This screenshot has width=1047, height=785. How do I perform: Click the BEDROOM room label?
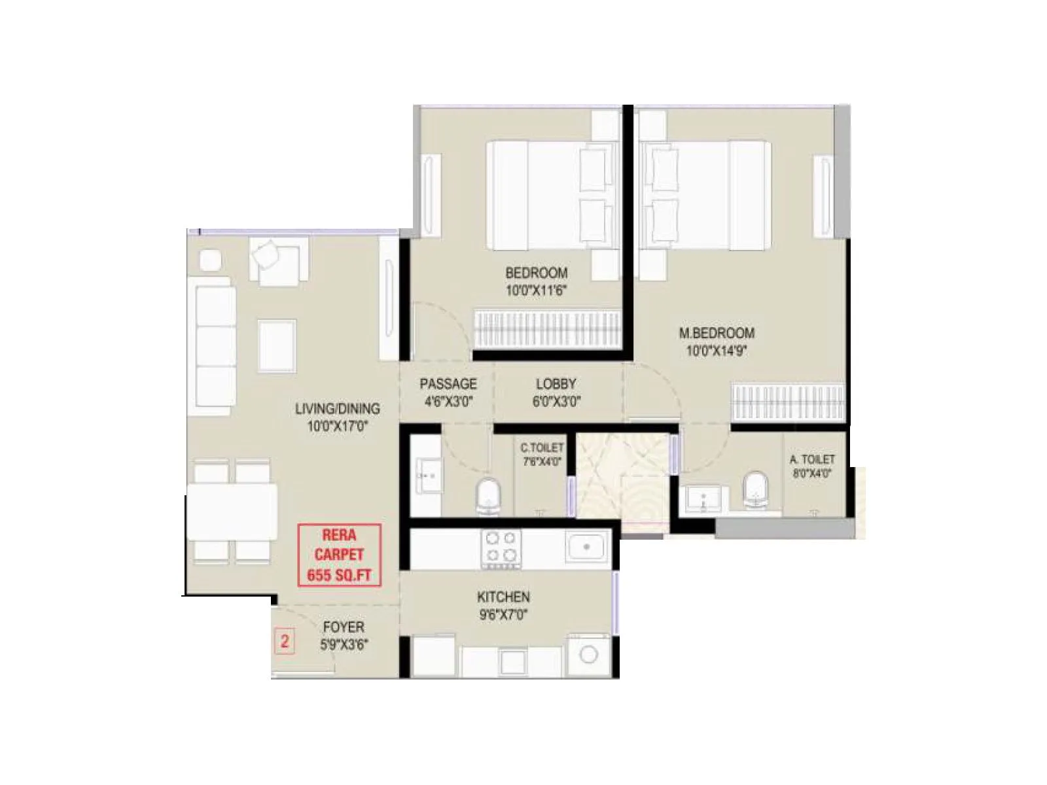pyautogui.click(x=536, y=273)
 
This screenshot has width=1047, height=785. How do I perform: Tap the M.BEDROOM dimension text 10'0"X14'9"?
pyautogui.click(x=717, y=351)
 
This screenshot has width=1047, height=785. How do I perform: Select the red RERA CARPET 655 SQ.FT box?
pyautogui.click(x=339, y=555)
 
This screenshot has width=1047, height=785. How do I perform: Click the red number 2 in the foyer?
pyautogui.click(x=285, y=640)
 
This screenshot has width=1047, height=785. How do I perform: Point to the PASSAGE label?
pyautogui.click(x=448, y=384)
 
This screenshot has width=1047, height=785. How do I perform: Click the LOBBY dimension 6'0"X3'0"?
pyautogui.click(x=556, y=402)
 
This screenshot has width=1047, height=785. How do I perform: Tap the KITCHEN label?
pyautogui.click(x=503, y=597)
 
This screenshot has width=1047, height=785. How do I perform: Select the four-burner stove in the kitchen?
pyautogui.click(x=501, y=548)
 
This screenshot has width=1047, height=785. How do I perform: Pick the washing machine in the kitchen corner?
pyautogui.click(x=588, y=654)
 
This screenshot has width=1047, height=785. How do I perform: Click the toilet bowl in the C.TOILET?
pyautogui.click(x=488, y=494)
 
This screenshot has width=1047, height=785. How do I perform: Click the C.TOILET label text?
pyautogui.click(x=541, y=448)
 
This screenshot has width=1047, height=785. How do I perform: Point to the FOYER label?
pyautogui.click(x=344, y=627)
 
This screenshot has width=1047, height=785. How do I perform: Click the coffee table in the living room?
pyautogui.click(x=277, y=345)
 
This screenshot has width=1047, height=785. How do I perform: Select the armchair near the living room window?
pyautogui.click(x=278, y=260)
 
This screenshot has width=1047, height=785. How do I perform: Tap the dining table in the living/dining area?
pyautogui.click(x=232, y=511)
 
